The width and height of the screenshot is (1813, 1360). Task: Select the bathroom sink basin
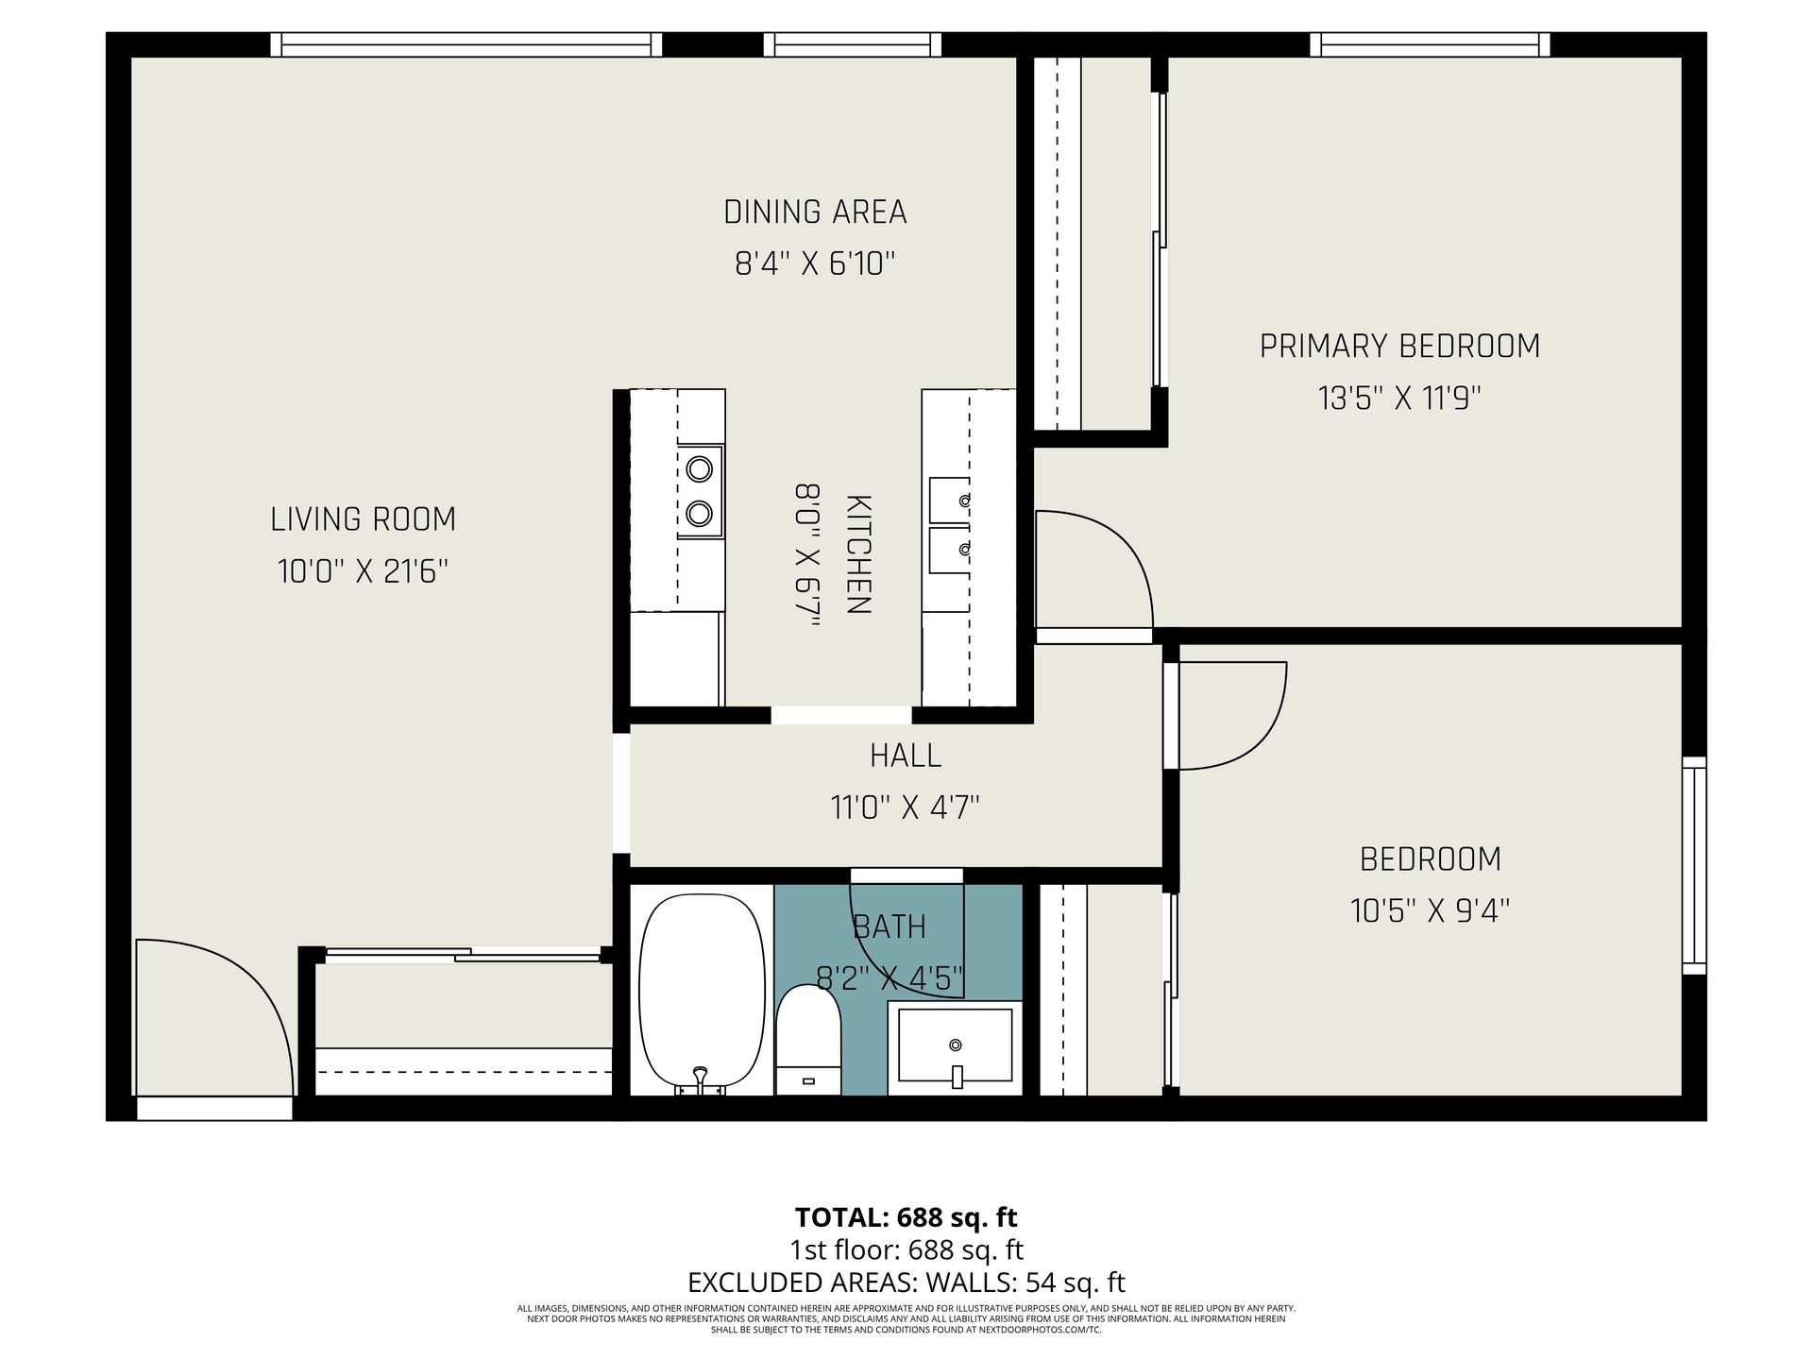point(955,1045)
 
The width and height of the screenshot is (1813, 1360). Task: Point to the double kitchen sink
point(949,525)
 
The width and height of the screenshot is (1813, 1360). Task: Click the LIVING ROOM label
point(364,519)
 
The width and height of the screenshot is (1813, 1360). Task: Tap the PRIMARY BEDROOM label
point(1399,347)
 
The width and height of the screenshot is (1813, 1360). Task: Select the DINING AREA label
point(815,212)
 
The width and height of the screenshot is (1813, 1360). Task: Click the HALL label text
point(906,756)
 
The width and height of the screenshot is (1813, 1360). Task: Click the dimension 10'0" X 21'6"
point(364,571)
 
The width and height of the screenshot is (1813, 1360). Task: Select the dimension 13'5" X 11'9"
point(1399,399)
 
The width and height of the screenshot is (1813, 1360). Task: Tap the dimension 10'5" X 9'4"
point(1431,911)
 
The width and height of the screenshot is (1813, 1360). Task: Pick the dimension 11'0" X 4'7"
point(906,807)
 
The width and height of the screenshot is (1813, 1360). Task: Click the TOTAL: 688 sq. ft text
point(906,1216)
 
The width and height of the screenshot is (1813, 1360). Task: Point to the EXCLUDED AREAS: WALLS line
point(906,1283)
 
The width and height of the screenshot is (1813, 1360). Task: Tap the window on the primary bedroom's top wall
point(1430,44)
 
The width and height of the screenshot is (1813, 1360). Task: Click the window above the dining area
point(853,44)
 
